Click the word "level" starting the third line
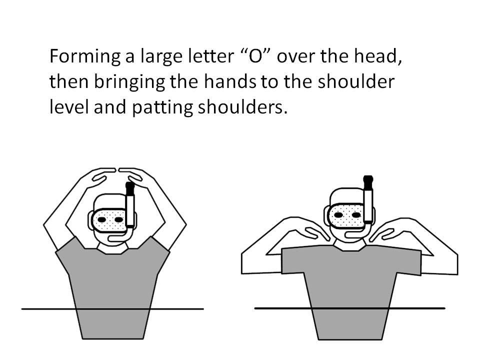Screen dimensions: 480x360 pos(69,107)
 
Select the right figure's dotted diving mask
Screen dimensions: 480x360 pos(346,216)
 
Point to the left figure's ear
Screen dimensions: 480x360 pos(90,220)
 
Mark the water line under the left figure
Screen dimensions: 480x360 pos(112,309)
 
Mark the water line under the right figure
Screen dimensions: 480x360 pos(349,308)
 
